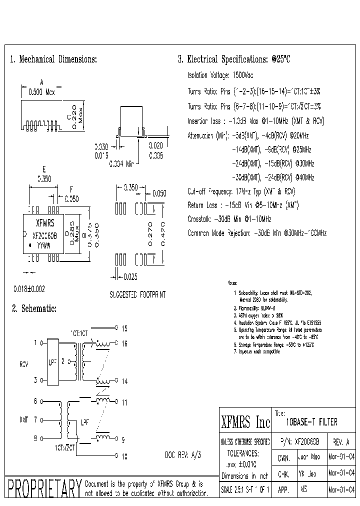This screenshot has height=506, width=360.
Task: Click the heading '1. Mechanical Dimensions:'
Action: [x=53, y=59]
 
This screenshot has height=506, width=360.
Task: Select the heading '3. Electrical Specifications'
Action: [x=233, y=59]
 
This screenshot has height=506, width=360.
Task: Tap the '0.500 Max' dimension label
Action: [x=42, y=92]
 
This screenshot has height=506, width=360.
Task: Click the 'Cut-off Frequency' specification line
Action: [x=241, y=191]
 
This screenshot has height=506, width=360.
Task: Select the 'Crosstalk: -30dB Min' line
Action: [x=229, y=219]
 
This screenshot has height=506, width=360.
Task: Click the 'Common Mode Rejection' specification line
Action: [x=256, y=233]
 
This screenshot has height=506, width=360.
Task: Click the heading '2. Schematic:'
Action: [x=34, y=309]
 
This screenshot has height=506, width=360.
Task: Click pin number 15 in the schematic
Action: [x=124, y=328]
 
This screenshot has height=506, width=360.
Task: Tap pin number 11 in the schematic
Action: [x=124, y=402]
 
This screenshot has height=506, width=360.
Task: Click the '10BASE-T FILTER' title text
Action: [x=311, y=422]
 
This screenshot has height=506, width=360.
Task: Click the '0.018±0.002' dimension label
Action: [x=29, y=289]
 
